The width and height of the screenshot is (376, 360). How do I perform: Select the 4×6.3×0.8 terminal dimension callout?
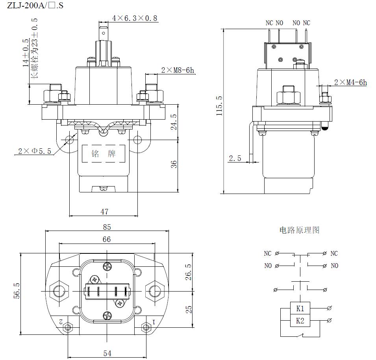click(135, 18)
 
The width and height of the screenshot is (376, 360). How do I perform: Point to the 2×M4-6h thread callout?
click(350, 82)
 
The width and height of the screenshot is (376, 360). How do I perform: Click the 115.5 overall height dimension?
click(219, 105)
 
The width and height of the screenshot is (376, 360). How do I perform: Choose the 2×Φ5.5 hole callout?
click(35, 151)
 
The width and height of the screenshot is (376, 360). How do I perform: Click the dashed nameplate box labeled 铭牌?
click(104, 153)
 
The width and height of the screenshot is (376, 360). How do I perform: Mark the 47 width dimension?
click(104, 212)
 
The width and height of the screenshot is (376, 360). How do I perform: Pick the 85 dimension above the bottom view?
click(107, 227)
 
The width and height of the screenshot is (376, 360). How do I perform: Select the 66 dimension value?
click(107, 239)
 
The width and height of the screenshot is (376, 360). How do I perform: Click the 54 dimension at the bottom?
click(107, 353)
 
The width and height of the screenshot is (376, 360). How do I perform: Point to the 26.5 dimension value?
click(188, 272)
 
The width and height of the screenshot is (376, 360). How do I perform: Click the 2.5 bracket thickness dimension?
click(235, 159)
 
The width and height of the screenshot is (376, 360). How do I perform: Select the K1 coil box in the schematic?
click(300, 308)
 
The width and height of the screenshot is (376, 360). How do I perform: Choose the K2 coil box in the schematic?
click(300, 321)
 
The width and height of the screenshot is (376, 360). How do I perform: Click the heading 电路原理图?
click(299, 230)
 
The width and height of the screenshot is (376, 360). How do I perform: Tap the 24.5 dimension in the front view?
click(174, 122)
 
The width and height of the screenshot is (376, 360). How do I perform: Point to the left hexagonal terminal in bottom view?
click(60, 291)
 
